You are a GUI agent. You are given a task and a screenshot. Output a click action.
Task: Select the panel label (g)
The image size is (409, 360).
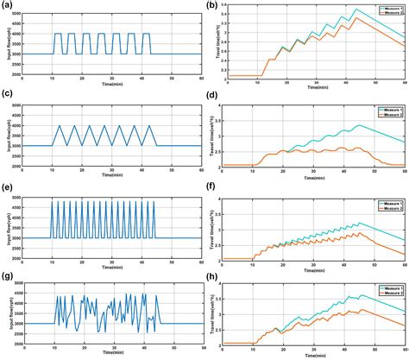(x=8, y=276)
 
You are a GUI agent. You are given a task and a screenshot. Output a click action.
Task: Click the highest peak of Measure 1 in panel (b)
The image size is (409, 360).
(x=356, y=9)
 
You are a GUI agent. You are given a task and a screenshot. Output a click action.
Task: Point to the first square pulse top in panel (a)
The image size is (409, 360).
(x=58, y=34)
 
